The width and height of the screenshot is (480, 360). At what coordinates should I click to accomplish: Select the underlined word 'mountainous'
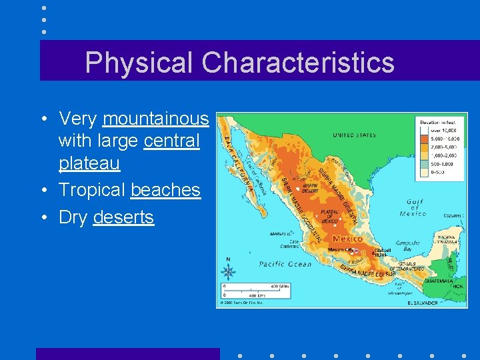[x=156, y=119]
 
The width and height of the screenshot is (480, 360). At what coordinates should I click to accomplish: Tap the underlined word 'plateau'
[x=89, y=163]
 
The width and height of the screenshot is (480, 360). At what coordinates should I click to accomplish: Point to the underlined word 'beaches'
[x=165, y=190]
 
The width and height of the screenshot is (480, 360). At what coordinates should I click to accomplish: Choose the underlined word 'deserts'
[x=123, y=217]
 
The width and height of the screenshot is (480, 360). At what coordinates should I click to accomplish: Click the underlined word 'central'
[x=171, y=141]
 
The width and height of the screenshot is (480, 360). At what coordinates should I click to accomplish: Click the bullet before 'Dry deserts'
[x=43, y=218]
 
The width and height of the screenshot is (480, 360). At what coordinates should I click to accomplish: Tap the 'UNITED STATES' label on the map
[x=354, y=135]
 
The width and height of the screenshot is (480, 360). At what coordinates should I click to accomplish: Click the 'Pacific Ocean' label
[x=285, y=264]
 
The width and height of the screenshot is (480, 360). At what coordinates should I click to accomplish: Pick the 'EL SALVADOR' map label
[x=423, y=302]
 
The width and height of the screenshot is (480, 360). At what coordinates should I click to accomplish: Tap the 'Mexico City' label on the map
[x=341, y=250]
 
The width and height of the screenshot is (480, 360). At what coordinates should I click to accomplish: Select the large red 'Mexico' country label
[x=347, y=238]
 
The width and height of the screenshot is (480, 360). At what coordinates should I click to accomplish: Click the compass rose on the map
[x=229, y=271]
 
